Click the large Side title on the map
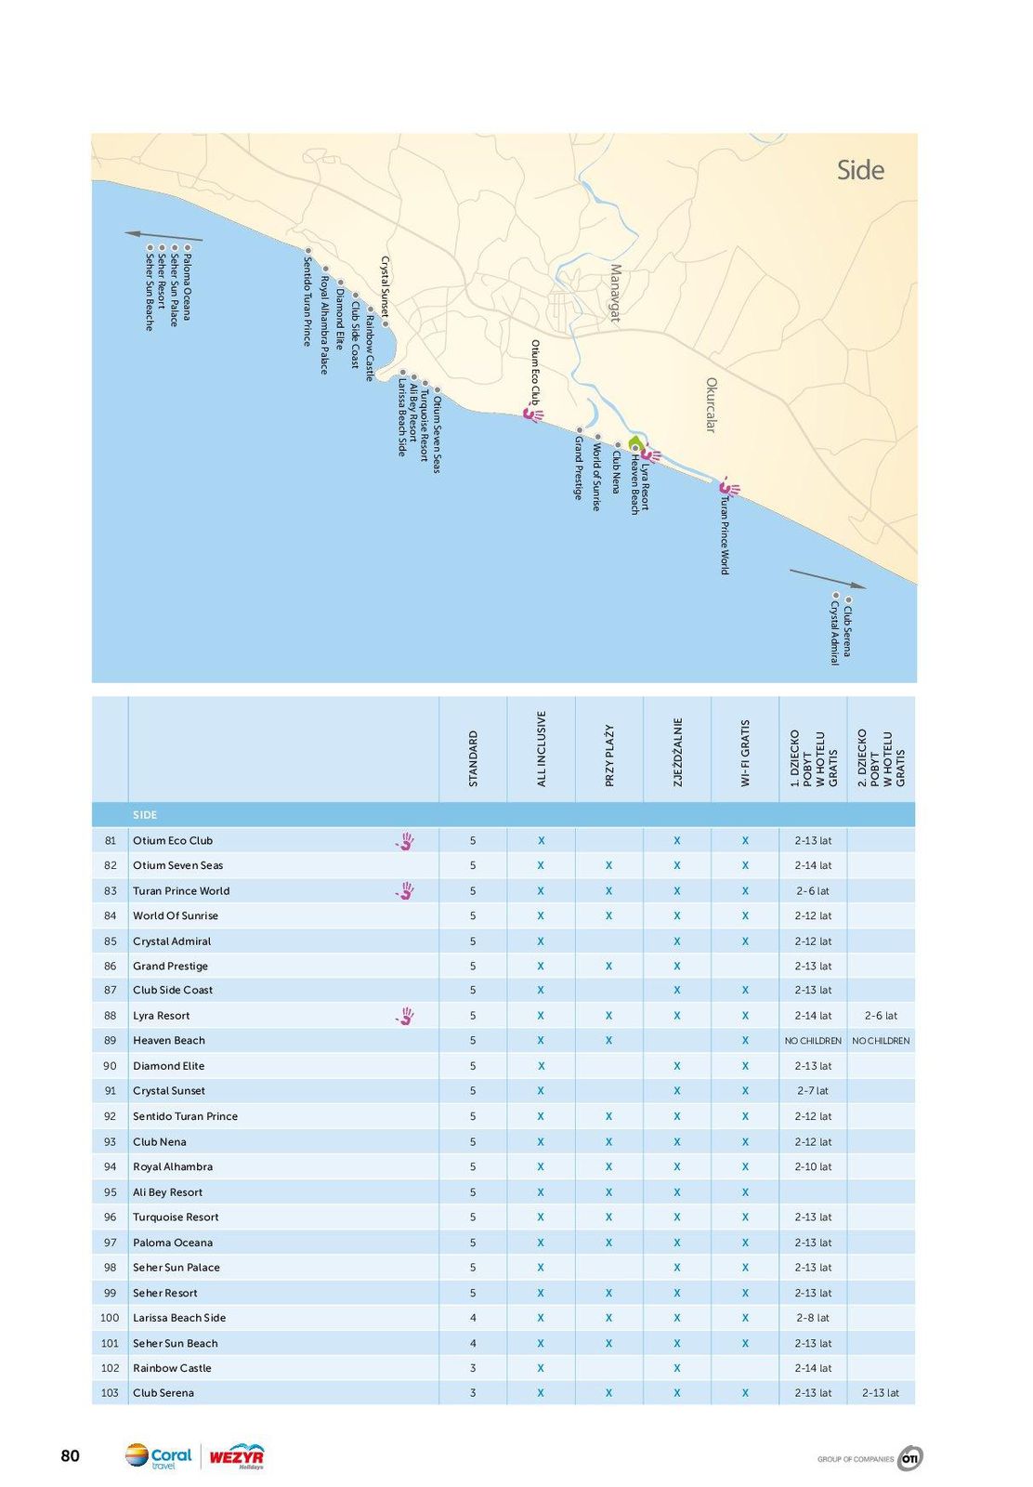pyautogui.click(x=859, y=170)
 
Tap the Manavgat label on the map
pyautogui.click(x=615, y=293)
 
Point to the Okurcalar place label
pyautogui.click(x=712, y=404)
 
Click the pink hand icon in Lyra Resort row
pyautogui.click(x=404, y=1016)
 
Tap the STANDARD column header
pyautogui.click(x=473, y=758)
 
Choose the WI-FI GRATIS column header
pyautogui.click(x=745, y=753)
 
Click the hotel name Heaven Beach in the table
pyautogui.click(x=169, y=1041)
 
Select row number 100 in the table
pyautogui.click(x=110, y=1318)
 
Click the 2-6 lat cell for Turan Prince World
pyautogui.click(x=813, y=891)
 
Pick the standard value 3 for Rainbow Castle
pyautogui.click(x=473, y=1368)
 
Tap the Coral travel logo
pyautogui.click(x=159, y=1456)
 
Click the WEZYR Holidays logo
pyautogui.click(x=236, y=1456)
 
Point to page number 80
pyautogui.click(x=71, y=1456)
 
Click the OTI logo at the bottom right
pyautogui.click(x=909, y=1458)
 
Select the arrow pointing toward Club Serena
pyautogui.click(x=827, y=578)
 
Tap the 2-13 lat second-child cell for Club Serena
pyautogui.click(x=881, y=1393)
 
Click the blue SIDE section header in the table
pyautogui.click(x=146, y=815)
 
